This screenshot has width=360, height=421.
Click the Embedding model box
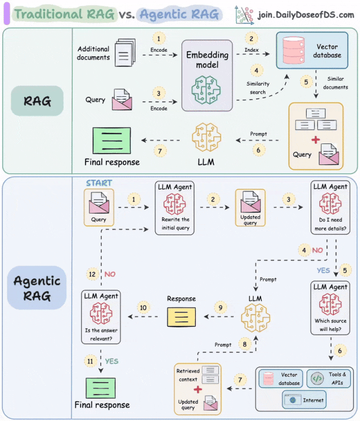[x=207, y=75]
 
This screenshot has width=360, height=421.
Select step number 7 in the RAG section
[x=160, y=150]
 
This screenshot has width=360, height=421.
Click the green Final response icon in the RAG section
[x=111, y=140]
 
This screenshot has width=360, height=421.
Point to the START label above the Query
[x=99, y=183]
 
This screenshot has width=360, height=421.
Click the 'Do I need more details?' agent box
[x=330, y=208]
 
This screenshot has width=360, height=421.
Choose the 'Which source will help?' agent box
[x=330, y=308]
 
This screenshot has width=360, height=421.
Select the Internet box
[x=304, y=400]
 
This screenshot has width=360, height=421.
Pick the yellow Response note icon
[x=181, y=317]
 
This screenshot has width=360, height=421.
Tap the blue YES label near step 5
[x=323, y=270]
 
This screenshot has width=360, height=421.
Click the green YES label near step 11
[x=111, y=361]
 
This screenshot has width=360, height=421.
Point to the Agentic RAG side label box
[x=37, y=288]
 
